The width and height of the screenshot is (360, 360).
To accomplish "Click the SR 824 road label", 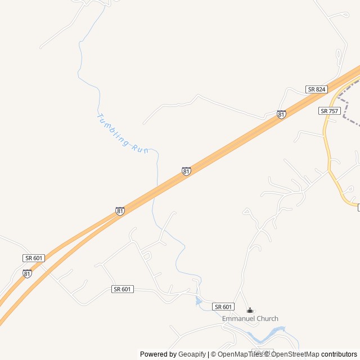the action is pyautogui.click(x=317, y=89).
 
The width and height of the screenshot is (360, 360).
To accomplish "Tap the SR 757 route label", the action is pyautogui.click(x=329, y=111).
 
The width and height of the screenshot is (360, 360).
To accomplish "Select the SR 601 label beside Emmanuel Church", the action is pyautogui.click(x=223, y=307).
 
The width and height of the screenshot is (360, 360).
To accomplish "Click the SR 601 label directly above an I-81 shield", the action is pyautogui.click(x=33, y=258).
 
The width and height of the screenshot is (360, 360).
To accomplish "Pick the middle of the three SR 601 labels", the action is pyautogui.click(x=122, y=289).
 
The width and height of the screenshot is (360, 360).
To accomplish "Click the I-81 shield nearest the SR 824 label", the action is pyautogui.click(x=281, y=114).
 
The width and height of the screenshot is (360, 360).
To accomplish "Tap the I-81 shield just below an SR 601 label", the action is pyautogui.click(x=27, y=273).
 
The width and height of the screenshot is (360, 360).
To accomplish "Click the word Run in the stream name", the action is pyautogui.click(x=139, y=148).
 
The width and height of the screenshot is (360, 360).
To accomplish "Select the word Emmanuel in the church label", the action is pyautogui.click(x=239, y=319).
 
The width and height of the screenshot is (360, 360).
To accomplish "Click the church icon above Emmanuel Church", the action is pyautogui.click(x=250, y=310).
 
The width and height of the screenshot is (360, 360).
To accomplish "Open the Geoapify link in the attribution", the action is pyautogui.click(x=192, y=354).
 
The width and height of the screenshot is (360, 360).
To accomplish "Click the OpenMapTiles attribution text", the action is pyautogui.click(x=240, y=354).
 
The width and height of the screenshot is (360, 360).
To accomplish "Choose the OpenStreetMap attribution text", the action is pyautogui.click(x=295, y=354).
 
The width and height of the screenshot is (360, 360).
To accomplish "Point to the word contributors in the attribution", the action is pyautogui.click(x=339, y=354).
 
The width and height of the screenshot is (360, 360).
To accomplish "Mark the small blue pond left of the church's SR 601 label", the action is pyautogui.click(x=199, y=302).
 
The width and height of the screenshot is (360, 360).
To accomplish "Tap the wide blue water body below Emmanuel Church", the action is pyautogui.click(x=264, y=338).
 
